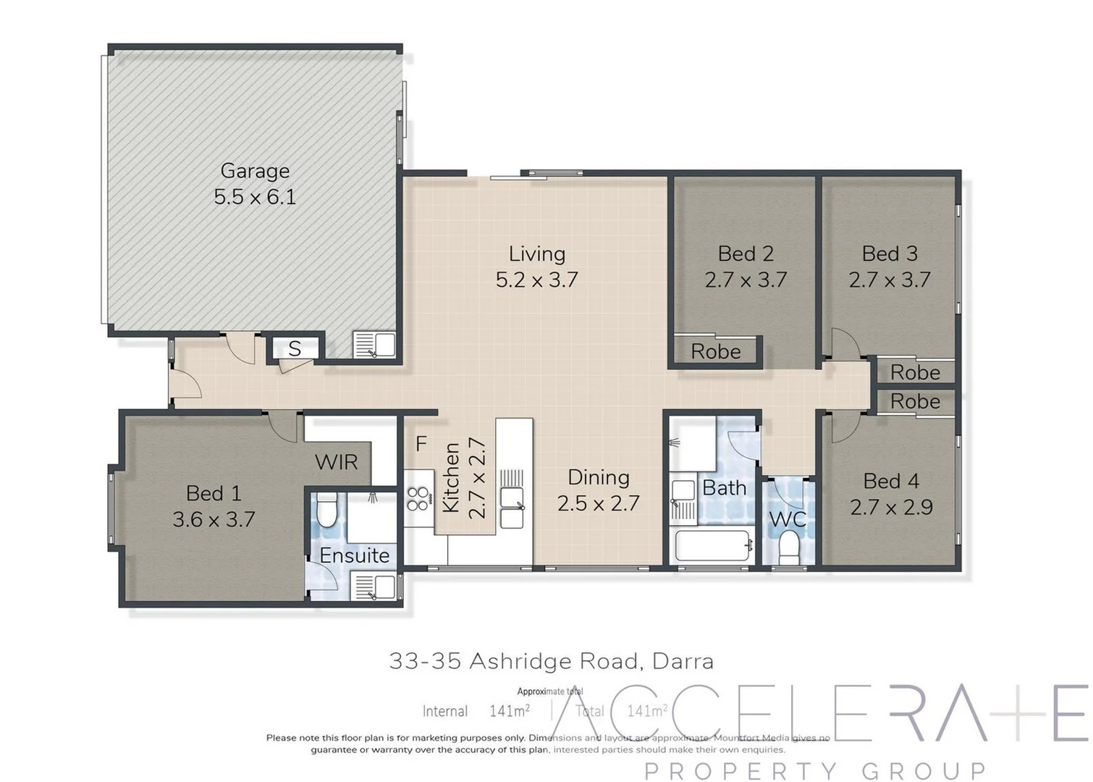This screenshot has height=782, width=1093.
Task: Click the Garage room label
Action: pyautogui.click(x=255, y=171)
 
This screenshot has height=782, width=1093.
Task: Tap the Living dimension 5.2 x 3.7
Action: pyautogui.click(x=536, y=279)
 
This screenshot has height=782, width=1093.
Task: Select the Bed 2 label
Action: pyautogui.click(x=746, y=253)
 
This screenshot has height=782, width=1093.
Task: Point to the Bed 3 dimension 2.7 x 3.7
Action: pyautogui.click(x=890, y=279)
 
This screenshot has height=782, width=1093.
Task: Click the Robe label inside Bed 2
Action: pyautogui.click(x=715, y=352)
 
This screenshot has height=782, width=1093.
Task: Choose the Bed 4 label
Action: pyautogui.click(x=891, y=481)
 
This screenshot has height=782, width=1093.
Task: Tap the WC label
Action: pyautogui.click(x=788, y=519)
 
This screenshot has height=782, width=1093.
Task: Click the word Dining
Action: pyautogui.click(x=598, y=477)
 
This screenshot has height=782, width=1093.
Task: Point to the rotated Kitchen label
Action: pyautogui.click(x=452, y=478)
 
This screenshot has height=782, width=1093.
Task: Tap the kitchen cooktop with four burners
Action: pyautogui.click(x=418, y=498)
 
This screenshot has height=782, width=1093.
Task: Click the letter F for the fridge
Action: pyautogui.click(x=421, y=443)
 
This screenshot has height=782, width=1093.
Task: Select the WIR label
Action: pyautogui.click(x=336, y=462)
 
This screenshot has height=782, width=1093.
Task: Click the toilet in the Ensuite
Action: pyautogui.click(x=326, y=512)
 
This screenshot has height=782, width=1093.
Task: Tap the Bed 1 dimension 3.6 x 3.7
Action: pyautogui.click(x=214, y=519)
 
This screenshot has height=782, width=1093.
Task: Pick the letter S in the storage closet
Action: pyautogui.click(x=294, y=349)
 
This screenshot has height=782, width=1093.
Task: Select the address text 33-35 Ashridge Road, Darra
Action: pyautogui.click(x=551, y=661)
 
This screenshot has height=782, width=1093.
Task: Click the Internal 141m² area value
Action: pyautogui.click(x=509, y=711)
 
